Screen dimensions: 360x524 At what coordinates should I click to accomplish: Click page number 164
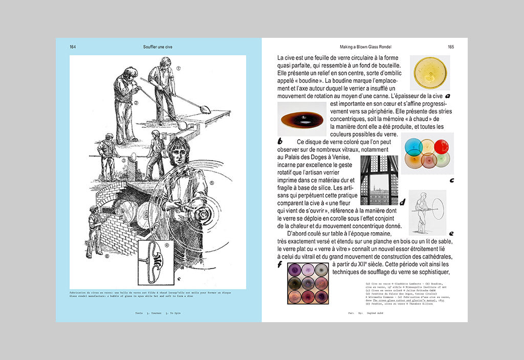[73, 47]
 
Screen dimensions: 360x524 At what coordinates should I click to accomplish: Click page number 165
[451, 47]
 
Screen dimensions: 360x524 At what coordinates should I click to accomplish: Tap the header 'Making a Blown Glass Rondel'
[365, 47]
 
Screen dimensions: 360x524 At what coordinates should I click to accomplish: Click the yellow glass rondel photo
[431, 73]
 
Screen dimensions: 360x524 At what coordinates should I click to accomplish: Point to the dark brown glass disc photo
[302, 119]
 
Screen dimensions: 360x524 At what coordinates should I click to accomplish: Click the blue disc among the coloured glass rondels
[413, 147]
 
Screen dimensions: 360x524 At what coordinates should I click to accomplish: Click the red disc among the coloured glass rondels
[441, 147]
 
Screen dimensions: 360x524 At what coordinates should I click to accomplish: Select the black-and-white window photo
[379, 180]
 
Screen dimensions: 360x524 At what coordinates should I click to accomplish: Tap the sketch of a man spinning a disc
[427, 212]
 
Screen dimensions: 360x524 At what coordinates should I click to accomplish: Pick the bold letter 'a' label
[448, 96]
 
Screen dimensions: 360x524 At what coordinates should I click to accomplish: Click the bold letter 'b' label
[280, 141]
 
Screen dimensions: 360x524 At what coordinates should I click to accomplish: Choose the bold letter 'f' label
[279, 264]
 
